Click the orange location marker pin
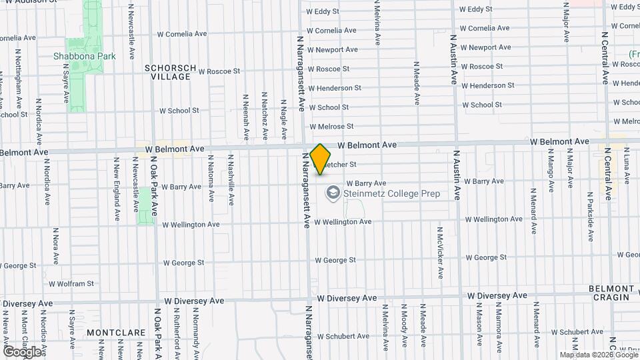tap(321, 159)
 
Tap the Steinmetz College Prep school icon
tap(331, 193)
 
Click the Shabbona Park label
tap(85, 56)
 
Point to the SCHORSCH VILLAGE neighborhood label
tap(171, 72)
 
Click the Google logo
tap(21, 351)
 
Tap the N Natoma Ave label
tap(211, 178)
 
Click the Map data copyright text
tap(598, 355)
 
